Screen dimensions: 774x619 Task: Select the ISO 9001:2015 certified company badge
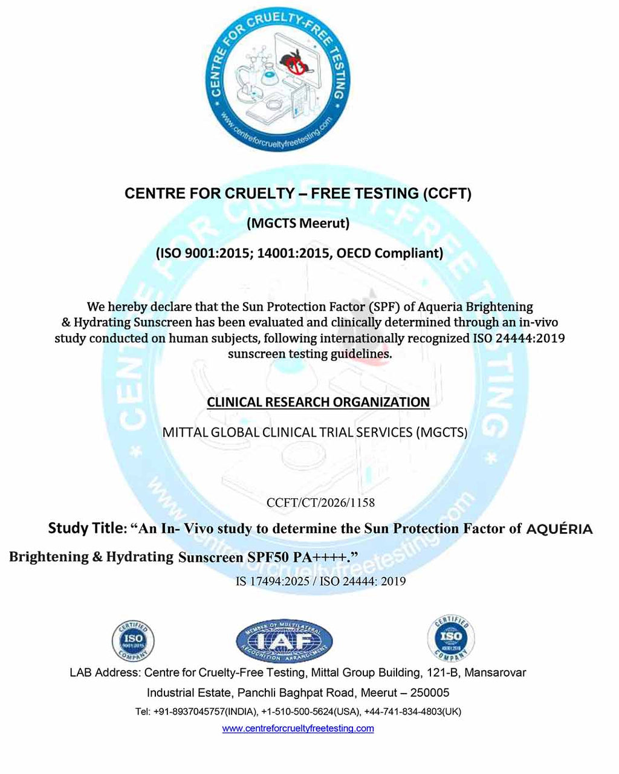(x=133, y=640)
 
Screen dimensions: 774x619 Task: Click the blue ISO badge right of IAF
(x=451, y=638)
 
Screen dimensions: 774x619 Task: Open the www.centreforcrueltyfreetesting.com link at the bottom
(x=298, y=728)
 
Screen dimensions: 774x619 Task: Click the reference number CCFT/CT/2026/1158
(x=320, y=502)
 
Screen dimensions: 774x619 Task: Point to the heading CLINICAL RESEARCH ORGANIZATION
(x=318, y=402)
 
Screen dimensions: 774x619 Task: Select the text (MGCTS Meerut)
(x=298, y=223)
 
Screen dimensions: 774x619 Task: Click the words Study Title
(x=85, y=528)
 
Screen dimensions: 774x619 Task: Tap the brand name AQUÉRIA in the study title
(x=559, y=529)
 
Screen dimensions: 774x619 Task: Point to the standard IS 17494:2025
(x=272, y=582)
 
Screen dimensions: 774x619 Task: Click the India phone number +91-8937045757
(x=189, y=712)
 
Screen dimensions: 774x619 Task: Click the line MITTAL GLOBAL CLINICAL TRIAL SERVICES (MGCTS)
(x=315, y=432)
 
